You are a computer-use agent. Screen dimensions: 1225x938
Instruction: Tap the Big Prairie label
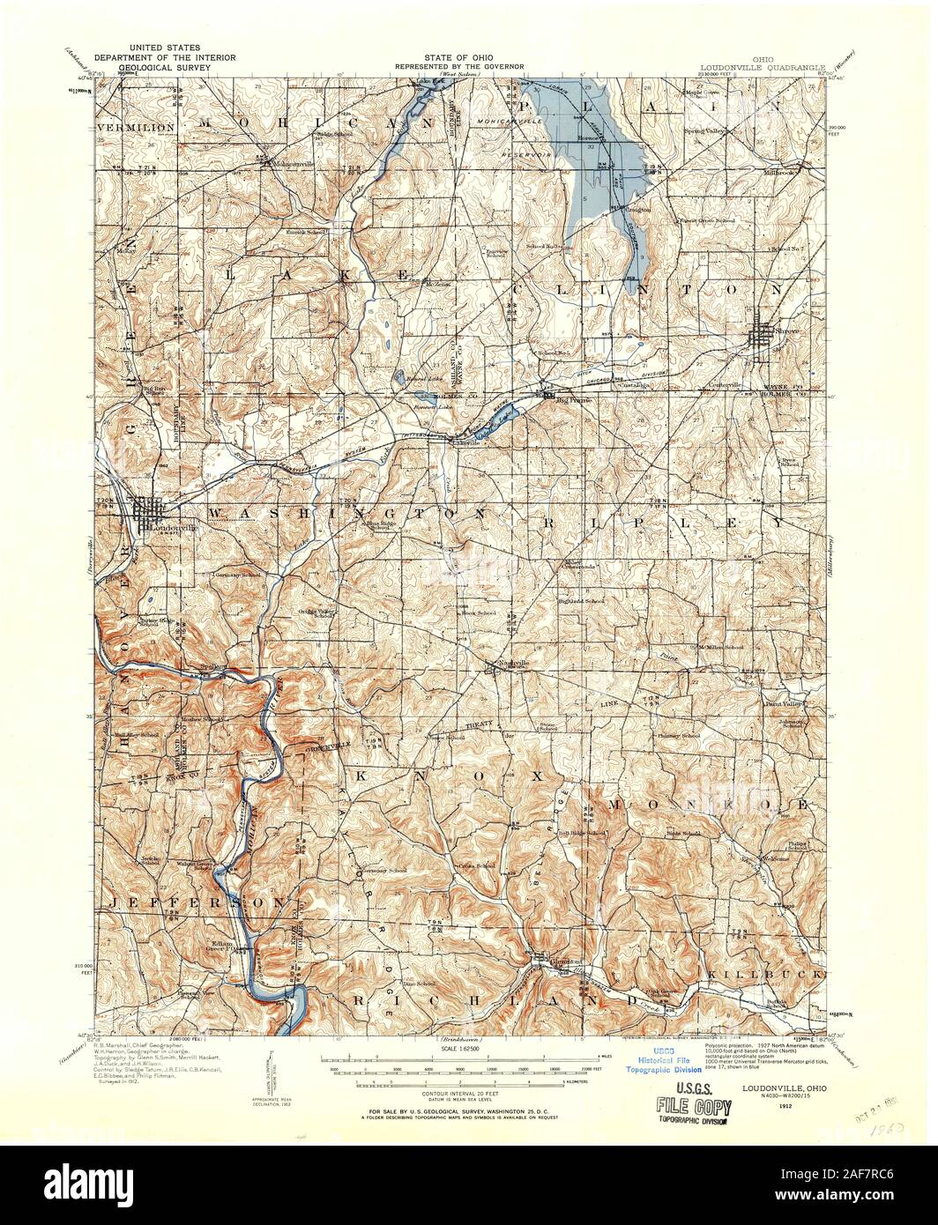(566, 398)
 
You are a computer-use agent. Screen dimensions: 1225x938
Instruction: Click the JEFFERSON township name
(199, 903)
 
